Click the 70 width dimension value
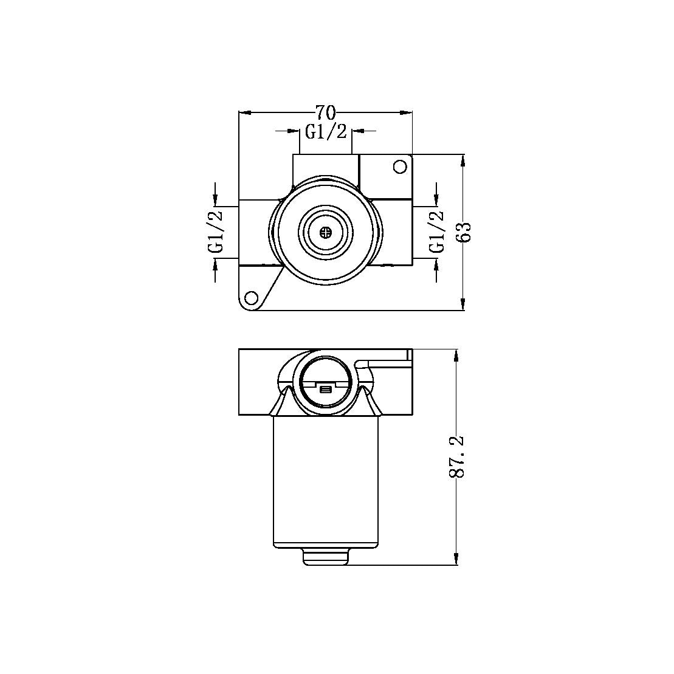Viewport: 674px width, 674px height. click(x=325, y=112)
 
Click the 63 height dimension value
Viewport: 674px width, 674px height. click(x=465, y=232)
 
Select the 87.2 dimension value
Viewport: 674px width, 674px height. click(x=458, y=456)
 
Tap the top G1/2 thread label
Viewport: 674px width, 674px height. click(x=326, y=132)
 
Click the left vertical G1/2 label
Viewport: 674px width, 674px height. click(x=216, y=232)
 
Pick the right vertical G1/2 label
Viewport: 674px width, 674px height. click(x=436, y=232)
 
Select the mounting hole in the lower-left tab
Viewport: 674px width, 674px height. click(x=250, y=298)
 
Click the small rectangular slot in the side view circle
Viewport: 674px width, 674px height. click(x=326, y=389)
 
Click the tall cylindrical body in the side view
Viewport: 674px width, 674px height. click(x=326, y=480)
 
